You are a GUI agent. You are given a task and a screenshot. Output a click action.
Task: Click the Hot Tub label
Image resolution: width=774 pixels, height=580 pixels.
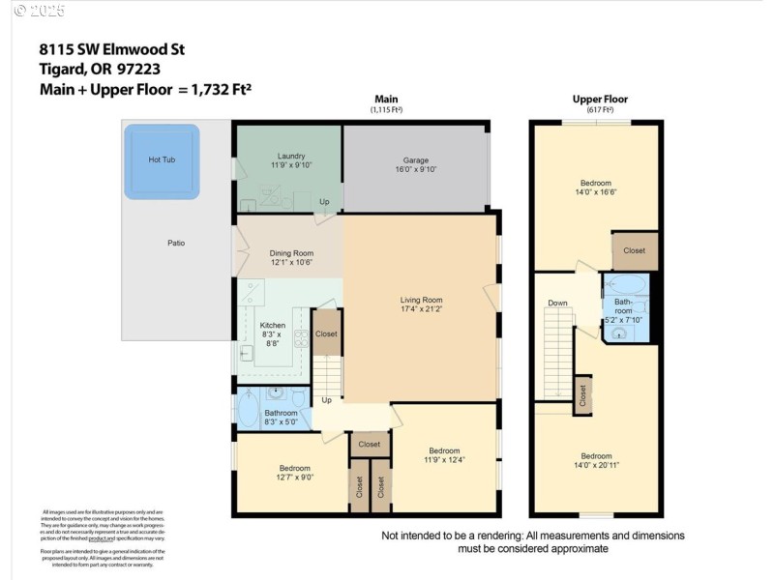pos(162,159)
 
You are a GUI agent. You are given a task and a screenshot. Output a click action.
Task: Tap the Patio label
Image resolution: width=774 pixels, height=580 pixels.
pos(176,243)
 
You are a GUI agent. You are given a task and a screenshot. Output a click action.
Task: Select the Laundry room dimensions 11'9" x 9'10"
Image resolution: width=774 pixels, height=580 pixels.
pos(291,165)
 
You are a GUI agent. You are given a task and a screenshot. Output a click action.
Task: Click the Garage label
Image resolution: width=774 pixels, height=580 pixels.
pos(416,160)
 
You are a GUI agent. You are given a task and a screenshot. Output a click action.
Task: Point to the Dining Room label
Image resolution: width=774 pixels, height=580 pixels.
pos(291,253)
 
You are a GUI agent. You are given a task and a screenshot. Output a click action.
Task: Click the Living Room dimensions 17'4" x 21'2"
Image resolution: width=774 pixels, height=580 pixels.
pos(421,309)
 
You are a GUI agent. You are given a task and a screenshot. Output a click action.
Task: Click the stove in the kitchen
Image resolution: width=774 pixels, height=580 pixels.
pos(301,338)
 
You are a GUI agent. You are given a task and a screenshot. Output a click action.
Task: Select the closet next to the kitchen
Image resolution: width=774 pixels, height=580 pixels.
pos(327,333)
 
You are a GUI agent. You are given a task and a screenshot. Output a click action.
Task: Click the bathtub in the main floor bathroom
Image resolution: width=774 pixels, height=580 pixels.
pos(249,410)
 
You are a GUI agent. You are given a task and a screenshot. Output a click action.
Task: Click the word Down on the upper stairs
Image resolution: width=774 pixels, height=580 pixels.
pos(557,303)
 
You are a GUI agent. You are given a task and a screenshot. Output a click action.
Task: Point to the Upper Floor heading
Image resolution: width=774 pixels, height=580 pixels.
pos(600,100)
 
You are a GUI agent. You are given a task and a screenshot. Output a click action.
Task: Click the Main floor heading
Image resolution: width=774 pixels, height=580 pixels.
pos(386,100)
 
